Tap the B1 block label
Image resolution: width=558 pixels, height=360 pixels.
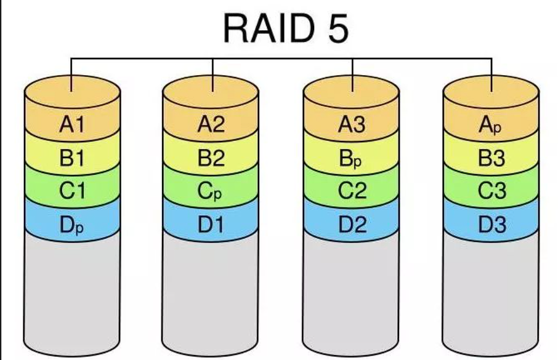click(71, 159)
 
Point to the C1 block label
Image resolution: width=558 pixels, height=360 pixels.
click(71, 191)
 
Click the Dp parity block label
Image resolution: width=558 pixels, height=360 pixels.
click(71, 225)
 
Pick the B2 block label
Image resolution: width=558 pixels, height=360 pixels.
click(211, 159)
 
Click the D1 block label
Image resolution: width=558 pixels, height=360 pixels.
click(211, 225)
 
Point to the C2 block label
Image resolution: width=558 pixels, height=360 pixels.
click(352, 191)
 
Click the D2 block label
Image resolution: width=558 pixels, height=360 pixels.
click(352, 225)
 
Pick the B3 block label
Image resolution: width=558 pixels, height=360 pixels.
click(491, 159)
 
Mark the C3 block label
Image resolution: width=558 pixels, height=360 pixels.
click(491, 191)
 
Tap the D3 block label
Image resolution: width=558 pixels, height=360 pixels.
click(491, 225)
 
